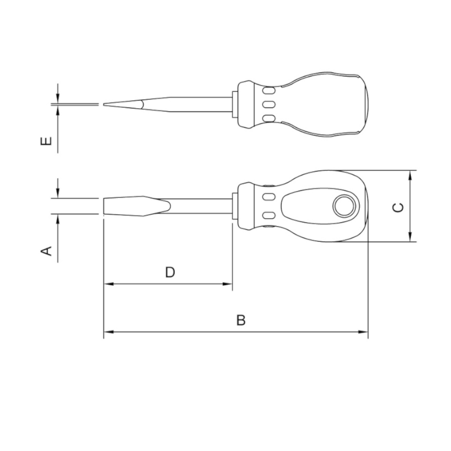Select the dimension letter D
point(170,272)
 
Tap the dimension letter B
point(241,320)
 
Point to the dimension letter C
point(398,207)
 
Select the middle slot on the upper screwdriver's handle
point(269,104)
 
